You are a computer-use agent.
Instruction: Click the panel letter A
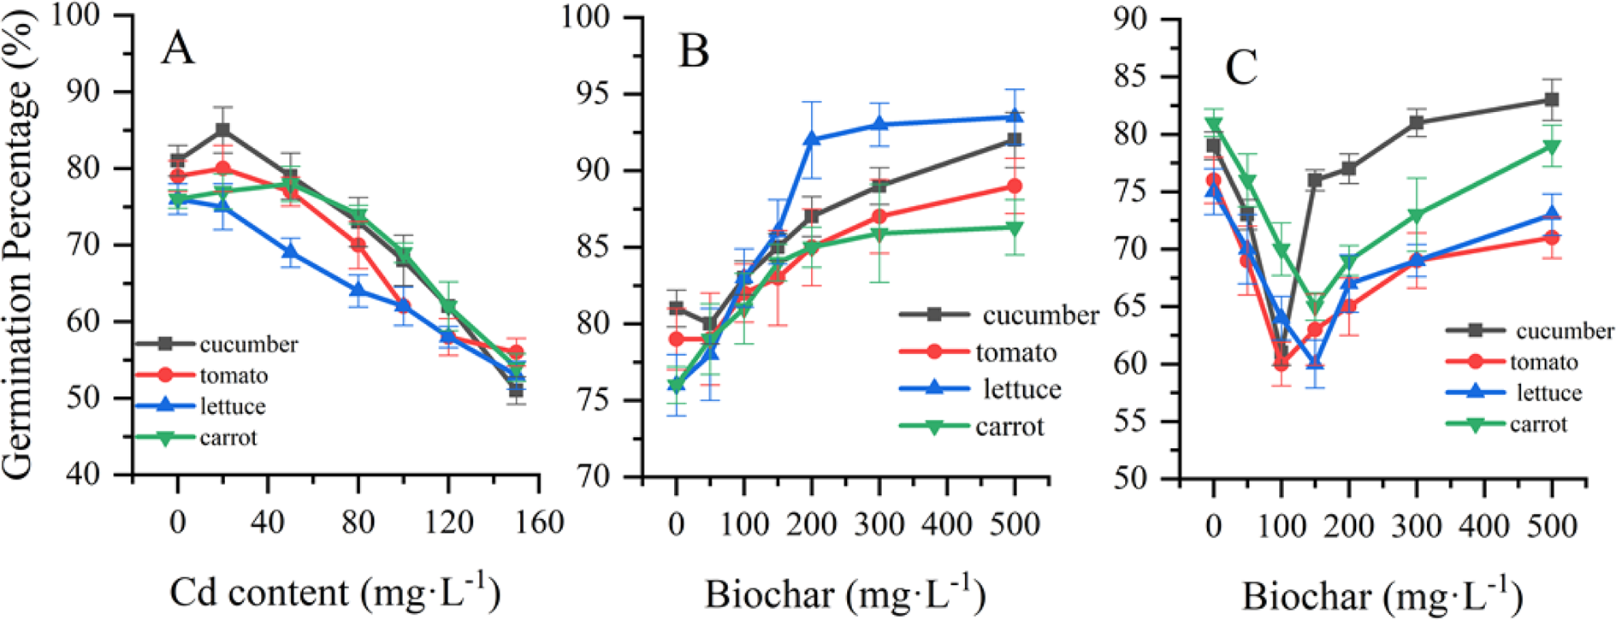coord(178,49)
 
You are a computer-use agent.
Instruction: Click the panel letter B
coord(693,51)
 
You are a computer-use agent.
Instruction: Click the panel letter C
coord(1241,68)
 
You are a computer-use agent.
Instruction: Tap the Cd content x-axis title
coord(334,593)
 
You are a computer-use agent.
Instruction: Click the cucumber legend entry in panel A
coord(248,345)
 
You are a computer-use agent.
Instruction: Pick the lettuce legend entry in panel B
coord(1021,389)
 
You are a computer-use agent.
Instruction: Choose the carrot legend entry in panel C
coord(1537,424)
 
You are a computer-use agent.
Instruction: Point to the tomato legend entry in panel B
coord(1015,352)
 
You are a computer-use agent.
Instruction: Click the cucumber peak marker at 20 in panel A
coord(222,130)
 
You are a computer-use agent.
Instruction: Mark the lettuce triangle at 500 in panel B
coord(1015,116)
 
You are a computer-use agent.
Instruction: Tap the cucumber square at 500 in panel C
coord(1551,100)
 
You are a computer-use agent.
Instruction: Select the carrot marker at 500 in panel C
coord(1551,147)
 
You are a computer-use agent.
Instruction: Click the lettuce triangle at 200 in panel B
coord(811,139)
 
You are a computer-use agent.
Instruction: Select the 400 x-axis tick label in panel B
coord(947,523)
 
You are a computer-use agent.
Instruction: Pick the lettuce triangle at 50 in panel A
coord(290,252)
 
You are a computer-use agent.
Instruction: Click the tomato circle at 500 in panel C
coord(1551,238)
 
